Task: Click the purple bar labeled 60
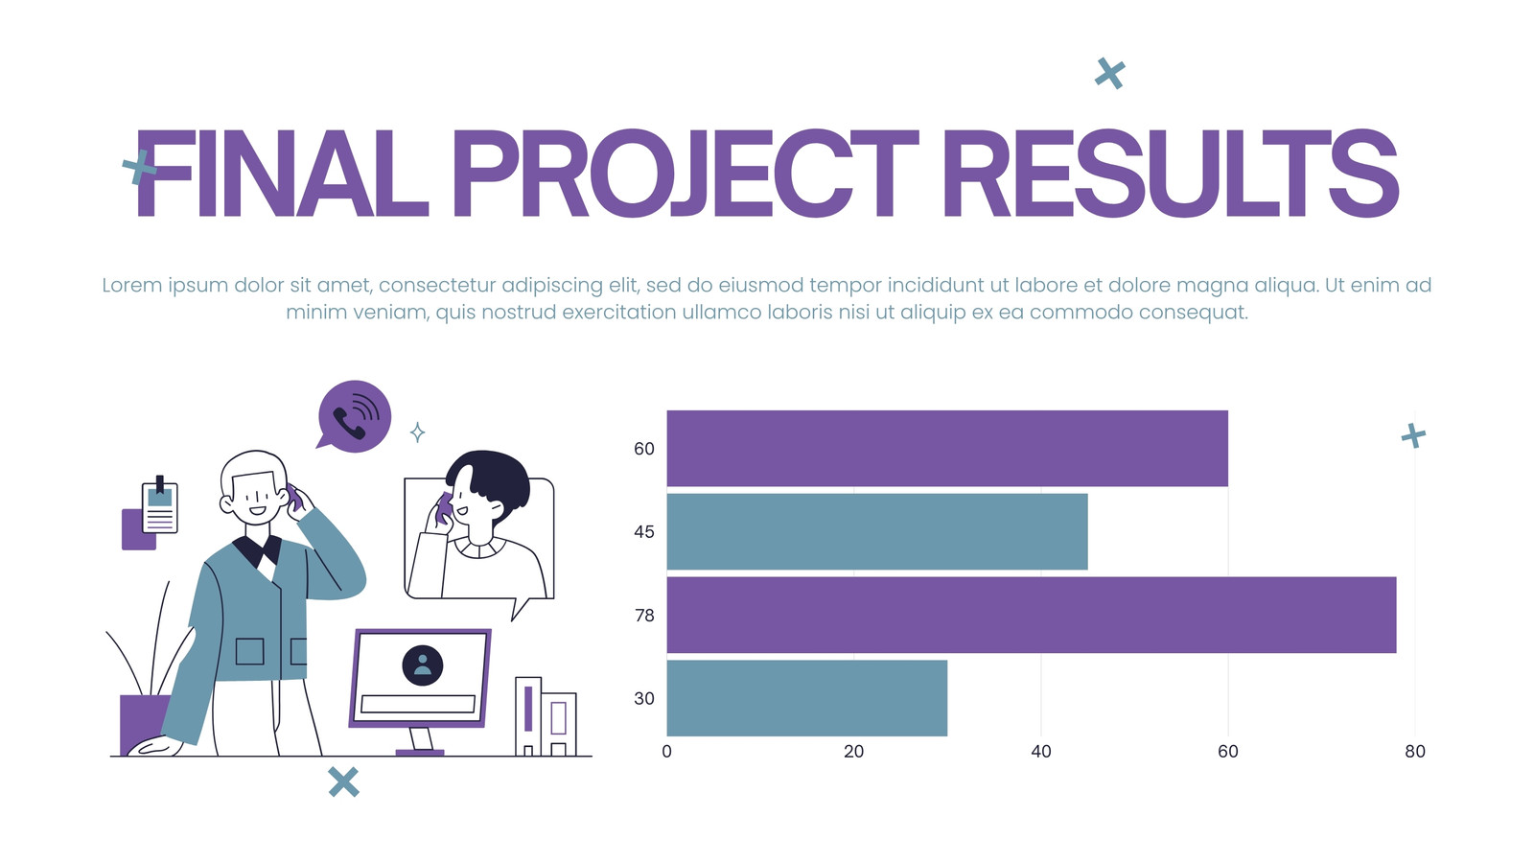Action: (947, 449)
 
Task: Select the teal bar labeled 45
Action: (877, 531)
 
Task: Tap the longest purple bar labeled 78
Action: (1032, 615)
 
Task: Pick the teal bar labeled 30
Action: (807, 698)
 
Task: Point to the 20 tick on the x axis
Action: (854, 752)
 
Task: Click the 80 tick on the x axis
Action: (1415, 752)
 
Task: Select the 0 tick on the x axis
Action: (667, 752)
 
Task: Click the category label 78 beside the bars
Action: (644, 616)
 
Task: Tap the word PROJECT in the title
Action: (686, 174)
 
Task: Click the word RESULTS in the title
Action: (1171, 174)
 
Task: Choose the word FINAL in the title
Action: (282, 174)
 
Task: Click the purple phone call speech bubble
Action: (354, 416)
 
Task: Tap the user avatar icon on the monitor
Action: (423, 665)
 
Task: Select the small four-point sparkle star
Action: (418, 432)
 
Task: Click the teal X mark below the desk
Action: (343, 782)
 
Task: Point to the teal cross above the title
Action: (1109, 73)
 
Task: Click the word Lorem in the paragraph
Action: (133, 285)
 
